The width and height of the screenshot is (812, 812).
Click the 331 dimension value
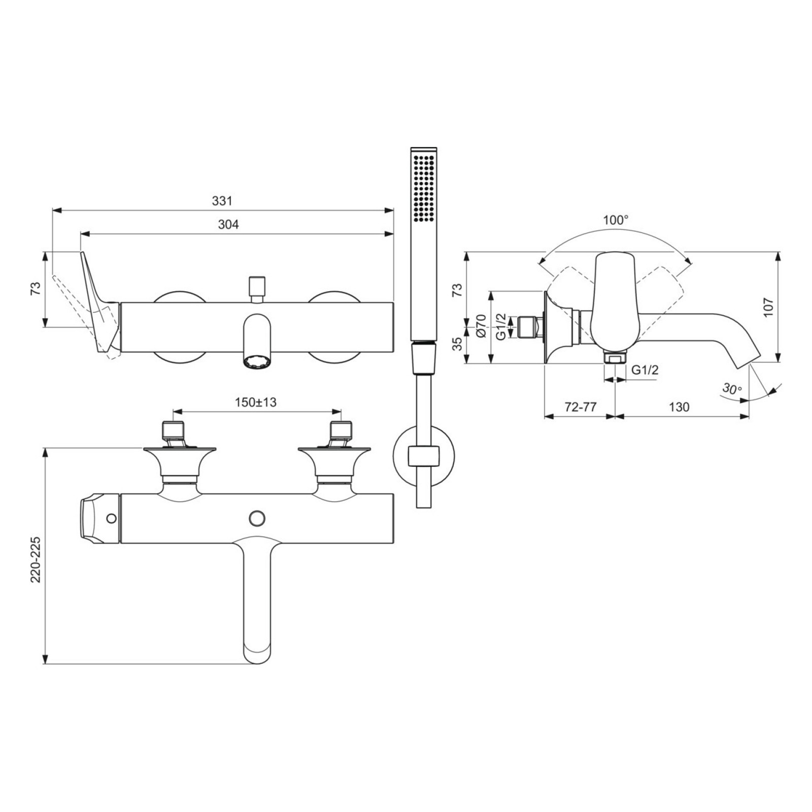pos(222,201)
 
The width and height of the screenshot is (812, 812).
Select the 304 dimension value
pos(228,224)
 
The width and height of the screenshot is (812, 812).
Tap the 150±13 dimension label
pos(256,402)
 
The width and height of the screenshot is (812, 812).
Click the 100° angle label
pos(616,220)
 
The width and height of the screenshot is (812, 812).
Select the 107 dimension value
pos(768,308)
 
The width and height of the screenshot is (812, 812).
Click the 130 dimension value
pos(679,407)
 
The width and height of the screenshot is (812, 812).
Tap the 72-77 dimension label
pos(580,407)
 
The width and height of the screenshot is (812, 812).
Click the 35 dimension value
pos(457,344)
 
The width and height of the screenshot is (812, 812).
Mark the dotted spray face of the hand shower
pos(424,188)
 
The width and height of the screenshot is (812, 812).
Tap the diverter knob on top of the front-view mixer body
pos(257,287)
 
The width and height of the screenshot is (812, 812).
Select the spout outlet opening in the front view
pos(257,362)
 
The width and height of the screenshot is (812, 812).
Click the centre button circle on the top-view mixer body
pos(257,519)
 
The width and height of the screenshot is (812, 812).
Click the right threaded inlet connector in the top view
pos(341,431)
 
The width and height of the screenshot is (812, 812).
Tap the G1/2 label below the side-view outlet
pos(645,370)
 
